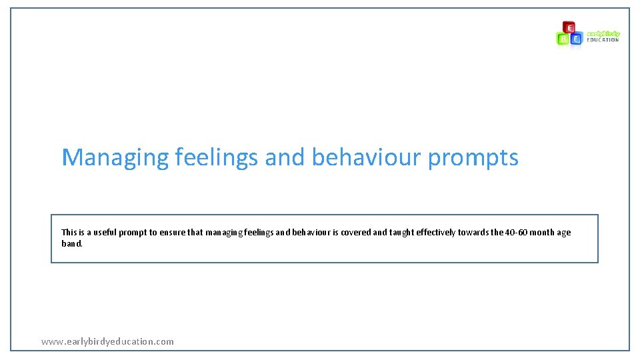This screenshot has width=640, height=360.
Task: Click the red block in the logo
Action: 569,27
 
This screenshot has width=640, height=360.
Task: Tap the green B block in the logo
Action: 563,39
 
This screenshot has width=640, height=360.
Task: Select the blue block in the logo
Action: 576,39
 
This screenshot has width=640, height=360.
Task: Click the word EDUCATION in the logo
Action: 603,40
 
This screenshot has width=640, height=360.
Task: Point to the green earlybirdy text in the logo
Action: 603,33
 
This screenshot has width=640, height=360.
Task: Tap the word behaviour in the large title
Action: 367,158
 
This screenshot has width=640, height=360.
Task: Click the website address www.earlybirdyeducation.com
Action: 107,341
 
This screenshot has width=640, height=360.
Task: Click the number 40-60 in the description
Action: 516,233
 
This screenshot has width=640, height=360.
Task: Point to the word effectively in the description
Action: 436,233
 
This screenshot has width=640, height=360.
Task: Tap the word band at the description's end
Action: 71,243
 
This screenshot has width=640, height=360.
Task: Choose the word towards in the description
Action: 473,233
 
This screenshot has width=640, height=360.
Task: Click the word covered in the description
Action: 356,233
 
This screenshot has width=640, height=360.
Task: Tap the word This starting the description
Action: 69,233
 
